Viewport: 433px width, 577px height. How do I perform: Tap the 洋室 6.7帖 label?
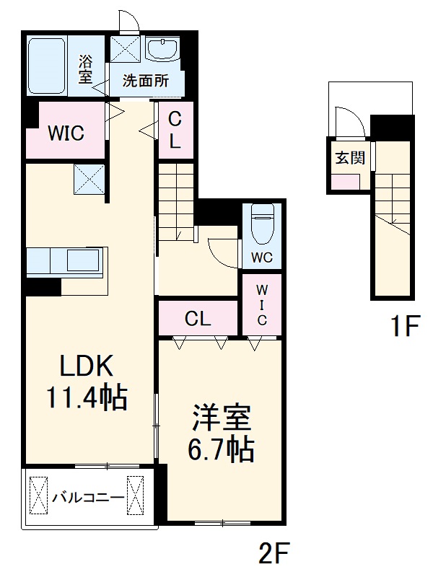pos(222,433)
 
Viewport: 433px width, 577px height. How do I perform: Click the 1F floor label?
pos(404,327)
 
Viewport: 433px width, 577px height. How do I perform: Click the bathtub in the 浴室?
pos(49,66)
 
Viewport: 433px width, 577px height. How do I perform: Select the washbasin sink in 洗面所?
pos(162,50)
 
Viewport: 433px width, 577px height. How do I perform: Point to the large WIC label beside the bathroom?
pos(66,133)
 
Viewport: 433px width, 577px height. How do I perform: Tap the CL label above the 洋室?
pos(198,318)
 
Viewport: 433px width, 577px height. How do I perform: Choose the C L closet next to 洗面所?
pos(175,130)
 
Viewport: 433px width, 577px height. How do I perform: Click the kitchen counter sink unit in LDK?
pos(66,260)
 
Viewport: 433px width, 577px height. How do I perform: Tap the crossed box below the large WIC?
pos(89,179)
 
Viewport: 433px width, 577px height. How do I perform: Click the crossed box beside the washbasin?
pos(126,50)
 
